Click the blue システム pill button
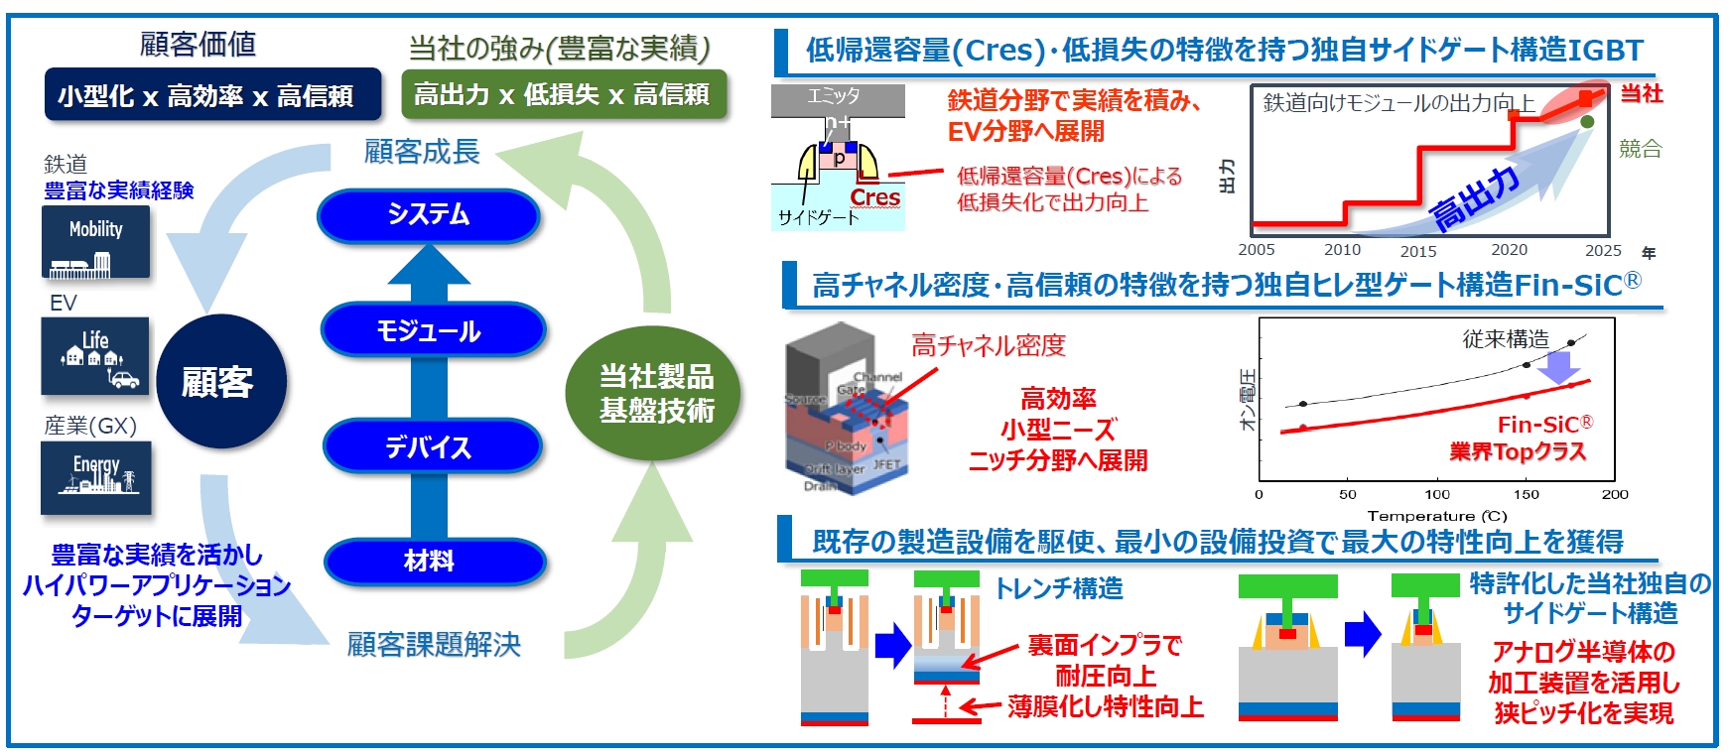click(x=428, y=215)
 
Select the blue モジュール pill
click(x=432, y=331)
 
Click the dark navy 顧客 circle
click(x=220, y=382)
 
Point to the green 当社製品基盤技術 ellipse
click(x=654, y=393)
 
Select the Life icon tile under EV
click(x=96, y=356)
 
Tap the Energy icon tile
click(x=96, y=478)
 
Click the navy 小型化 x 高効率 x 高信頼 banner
click(x=212, y=95)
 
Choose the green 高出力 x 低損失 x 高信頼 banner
click(x=564, y=94)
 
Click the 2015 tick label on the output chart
click(x=1418, y=251)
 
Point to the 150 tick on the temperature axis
click(x=1526, y=494)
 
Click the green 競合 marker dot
click(x=1587, y=121)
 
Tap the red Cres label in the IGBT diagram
click(x=874, y=198)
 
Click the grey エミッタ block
click(x=837, y=97)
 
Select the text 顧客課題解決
click(x=434, y=645)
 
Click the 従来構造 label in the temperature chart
click(x=1505, y=338)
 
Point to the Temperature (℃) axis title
click(x=1436, y=516)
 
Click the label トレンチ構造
click(x=1059, y=588)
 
